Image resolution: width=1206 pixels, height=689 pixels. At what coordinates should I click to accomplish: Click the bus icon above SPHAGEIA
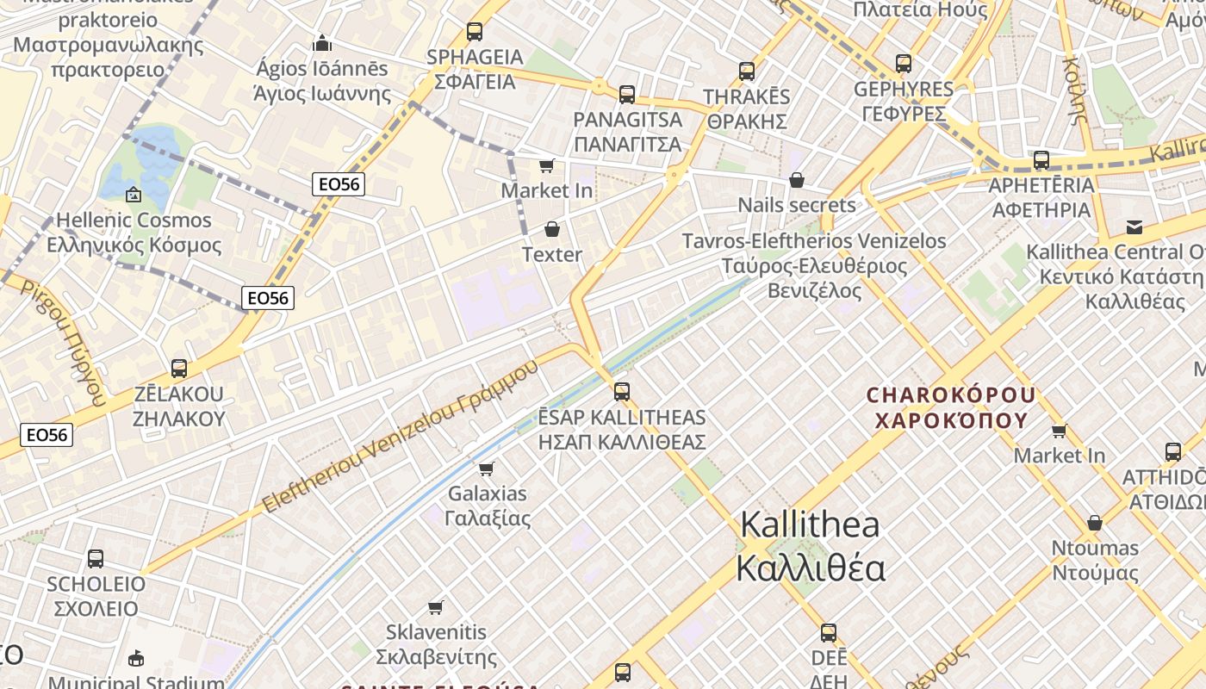click(474, 32)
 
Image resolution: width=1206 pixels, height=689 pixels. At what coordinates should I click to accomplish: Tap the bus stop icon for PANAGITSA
click(627, 94)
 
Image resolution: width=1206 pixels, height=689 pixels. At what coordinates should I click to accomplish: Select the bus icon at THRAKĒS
click(747, 71)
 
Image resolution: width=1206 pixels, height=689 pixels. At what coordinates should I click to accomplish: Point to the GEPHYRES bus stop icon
click(903, 64)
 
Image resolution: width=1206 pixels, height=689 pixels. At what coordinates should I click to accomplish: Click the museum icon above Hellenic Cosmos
click(133, 195)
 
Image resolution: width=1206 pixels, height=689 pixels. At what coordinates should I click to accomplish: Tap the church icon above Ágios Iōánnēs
click(322, 42)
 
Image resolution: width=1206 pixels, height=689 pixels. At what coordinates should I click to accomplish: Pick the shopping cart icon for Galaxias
click(487, 469)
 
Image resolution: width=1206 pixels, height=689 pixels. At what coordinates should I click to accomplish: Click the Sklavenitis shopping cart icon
click(436, 607)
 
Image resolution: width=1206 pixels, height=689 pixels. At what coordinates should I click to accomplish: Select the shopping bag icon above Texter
click(552, 229)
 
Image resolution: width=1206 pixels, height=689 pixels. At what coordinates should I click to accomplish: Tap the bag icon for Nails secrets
click(797, 180)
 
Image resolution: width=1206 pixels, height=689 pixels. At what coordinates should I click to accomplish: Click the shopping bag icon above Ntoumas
click(1095, 523)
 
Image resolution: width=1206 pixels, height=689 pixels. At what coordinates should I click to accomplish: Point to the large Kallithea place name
click(810, 546)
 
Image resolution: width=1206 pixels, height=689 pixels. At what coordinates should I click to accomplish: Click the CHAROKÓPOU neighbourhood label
click(951, 407)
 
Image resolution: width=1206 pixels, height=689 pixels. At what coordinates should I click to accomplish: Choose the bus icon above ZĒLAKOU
click(179, 369)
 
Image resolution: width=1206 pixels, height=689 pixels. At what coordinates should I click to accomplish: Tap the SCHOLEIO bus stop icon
click(96, 558)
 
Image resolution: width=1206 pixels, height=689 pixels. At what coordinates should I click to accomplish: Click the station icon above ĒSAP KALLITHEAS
click(622, 392)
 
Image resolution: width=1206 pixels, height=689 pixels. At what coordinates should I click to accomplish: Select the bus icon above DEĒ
click(829, 633)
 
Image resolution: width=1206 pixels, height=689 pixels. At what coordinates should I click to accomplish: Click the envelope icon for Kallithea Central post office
click(1135, 227)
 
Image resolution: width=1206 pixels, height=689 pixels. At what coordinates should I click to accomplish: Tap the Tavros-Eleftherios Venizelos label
click(814, 265)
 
